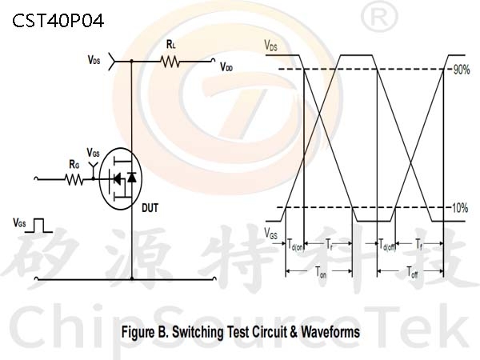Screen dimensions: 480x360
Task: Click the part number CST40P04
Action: (58, 21)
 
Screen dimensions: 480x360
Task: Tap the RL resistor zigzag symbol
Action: (170, 62)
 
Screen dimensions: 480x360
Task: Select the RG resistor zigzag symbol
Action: (74, 179)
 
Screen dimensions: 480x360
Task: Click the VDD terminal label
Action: (226, 67)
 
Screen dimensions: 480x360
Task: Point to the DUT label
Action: (150, 208)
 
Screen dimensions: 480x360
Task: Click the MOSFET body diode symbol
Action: (132, 178)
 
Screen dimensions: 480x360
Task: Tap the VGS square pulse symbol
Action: (38, 226)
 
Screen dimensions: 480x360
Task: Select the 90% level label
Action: (462, 70)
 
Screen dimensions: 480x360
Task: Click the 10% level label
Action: (460, 208)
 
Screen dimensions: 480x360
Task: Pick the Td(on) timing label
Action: (295, 245)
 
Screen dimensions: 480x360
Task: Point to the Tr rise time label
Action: (329, 245)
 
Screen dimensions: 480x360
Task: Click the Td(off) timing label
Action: (387, 245)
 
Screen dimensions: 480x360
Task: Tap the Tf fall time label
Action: (419, 244)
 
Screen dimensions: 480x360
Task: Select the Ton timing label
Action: (321, 272)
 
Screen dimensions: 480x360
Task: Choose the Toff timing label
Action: (412, 272)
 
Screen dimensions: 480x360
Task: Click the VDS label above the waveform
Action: (271, 46)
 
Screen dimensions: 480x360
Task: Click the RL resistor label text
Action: (171, 45)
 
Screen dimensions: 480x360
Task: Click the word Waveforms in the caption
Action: (330, 331)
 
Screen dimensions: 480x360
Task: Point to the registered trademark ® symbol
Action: (379, 17)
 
